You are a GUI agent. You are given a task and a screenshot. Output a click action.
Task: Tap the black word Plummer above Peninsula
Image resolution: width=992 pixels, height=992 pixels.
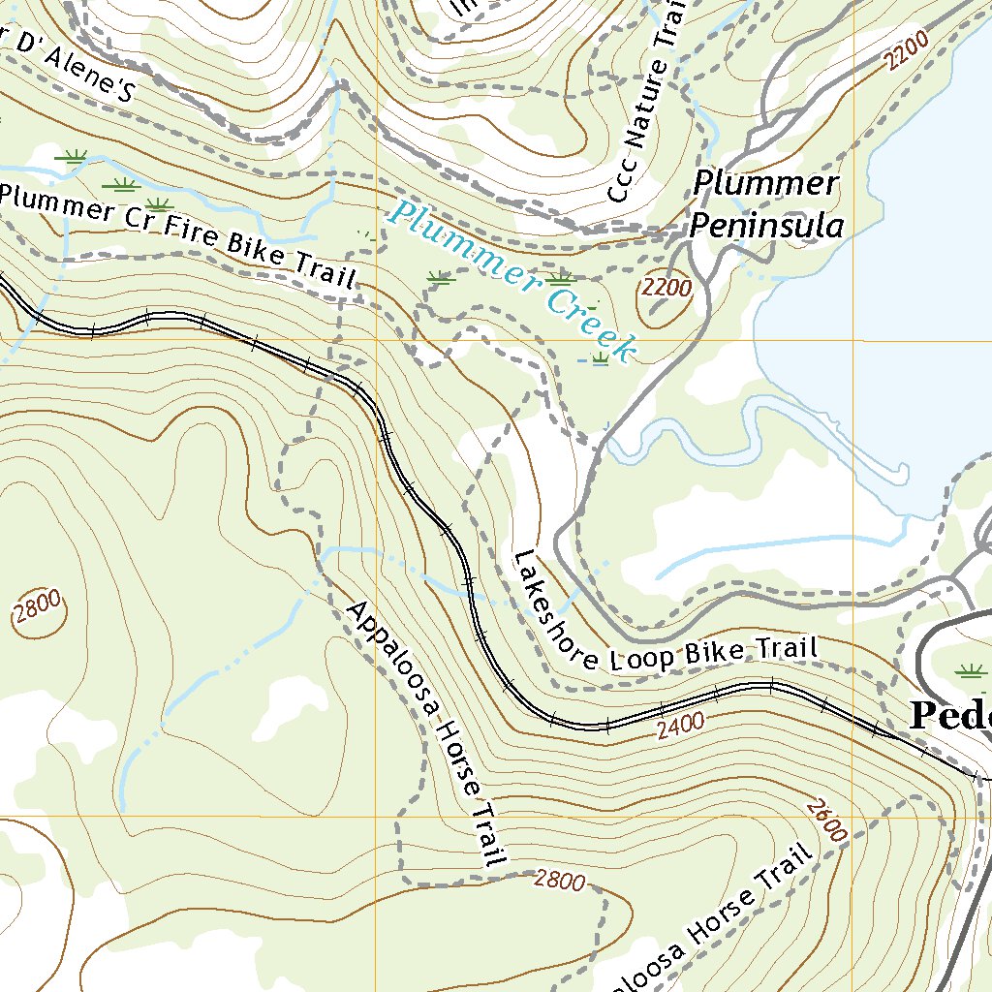click(766, 183)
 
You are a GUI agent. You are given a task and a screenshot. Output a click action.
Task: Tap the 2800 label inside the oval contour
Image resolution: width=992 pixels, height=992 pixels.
click(39, 611)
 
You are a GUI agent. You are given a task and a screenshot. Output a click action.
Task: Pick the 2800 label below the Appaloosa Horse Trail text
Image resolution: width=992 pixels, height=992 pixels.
click(559, 882)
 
